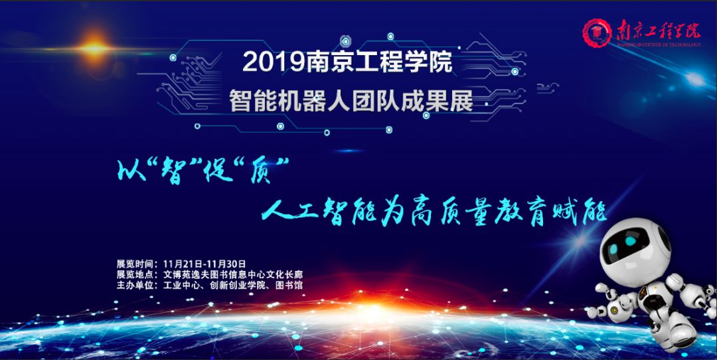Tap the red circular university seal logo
[x=597, y=33]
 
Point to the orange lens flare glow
[x=94, y=48]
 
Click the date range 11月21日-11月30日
[x=204, y=264]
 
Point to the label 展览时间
[x=133, y=264]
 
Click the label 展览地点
[x=133, y=274]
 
